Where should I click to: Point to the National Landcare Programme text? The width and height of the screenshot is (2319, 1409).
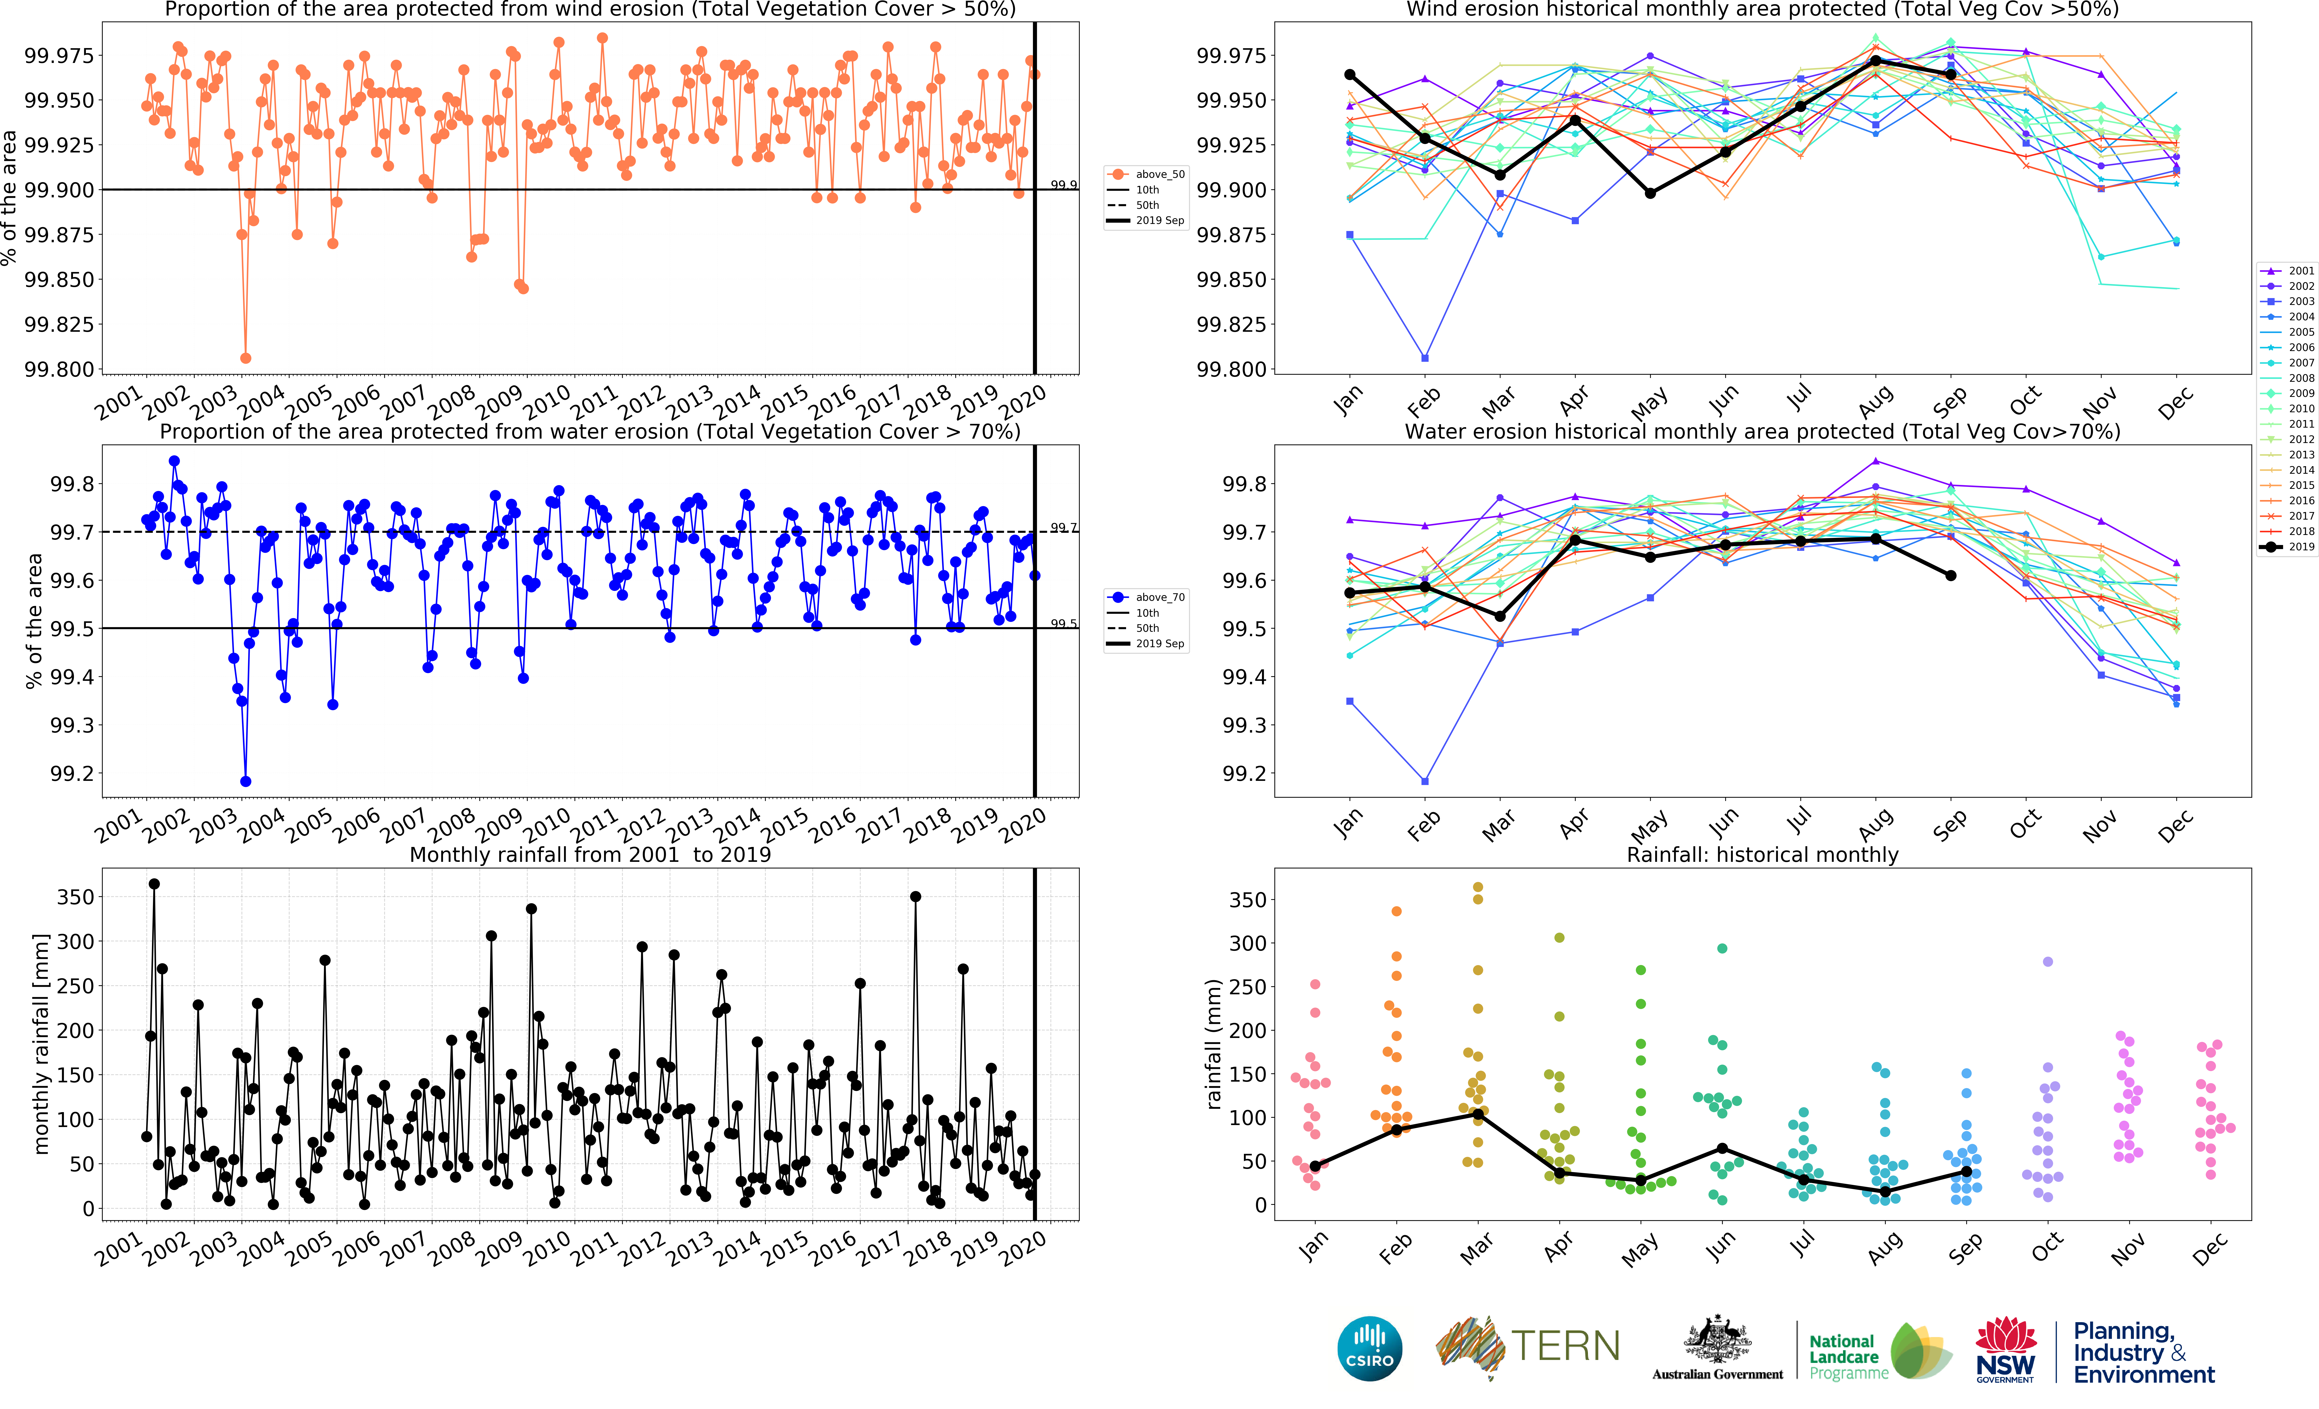point(1843,1356)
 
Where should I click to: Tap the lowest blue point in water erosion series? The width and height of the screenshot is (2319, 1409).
point(246,781)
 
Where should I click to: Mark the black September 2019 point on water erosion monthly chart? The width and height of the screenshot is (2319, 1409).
point(1951,575)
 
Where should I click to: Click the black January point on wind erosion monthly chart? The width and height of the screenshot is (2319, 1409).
point(1350,74)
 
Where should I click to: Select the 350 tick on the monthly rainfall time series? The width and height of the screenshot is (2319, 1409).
point(75,897)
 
